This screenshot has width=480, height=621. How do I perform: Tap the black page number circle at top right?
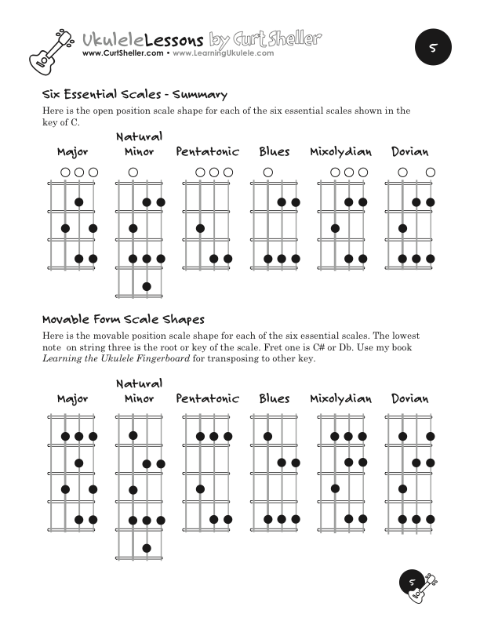point(431,48)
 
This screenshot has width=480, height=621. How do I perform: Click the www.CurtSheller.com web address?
point(122,54)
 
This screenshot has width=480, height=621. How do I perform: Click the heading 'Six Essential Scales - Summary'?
point(134,95)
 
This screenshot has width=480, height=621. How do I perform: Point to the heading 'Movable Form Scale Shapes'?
point(123,320)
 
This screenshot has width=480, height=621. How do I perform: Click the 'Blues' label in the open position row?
point(275,152)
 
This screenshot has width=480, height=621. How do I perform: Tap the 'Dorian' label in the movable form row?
point(409,399)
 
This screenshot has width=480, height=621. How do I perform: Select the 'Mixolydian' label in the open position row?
point(340,152)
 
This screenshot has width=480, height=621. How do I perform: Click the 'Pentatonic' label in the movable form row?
point(208,399)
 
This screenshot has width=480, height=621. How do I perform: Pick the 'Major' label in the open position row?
point(72,152)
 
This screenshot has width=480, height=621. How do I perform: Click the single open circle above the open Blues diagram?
point(268,172)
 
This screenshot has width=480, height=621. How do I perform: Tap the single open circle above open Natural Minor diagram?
point(133,172)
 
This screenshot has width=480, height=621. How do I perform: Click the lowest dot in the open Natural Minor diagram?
point(147,287)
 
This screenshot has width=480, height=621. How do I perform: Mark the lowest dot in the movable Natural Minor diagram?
point(147,548)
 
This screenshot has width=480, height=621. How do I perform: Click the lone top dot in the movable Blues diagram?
point(268,436)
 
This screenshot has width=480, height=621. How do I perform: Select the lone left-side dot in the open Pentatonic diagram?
point(201,229)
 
